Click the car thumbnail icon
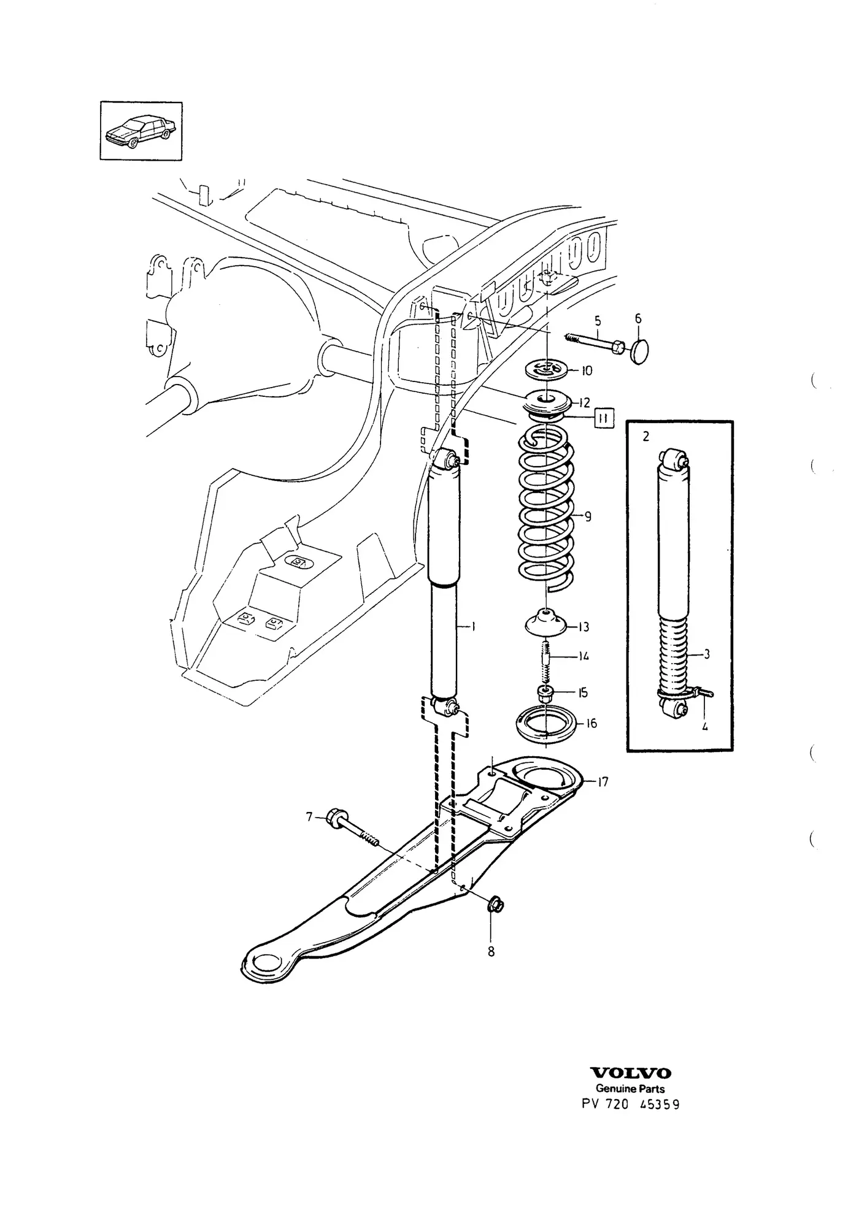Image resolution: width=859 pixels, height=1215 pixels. (x=141, y=131)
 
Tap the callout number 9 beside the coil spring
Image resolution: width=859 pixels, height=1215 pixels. (x=588, y=516)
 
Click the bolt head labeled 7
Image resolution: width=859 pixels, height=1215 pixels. (x=337, y=817)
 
